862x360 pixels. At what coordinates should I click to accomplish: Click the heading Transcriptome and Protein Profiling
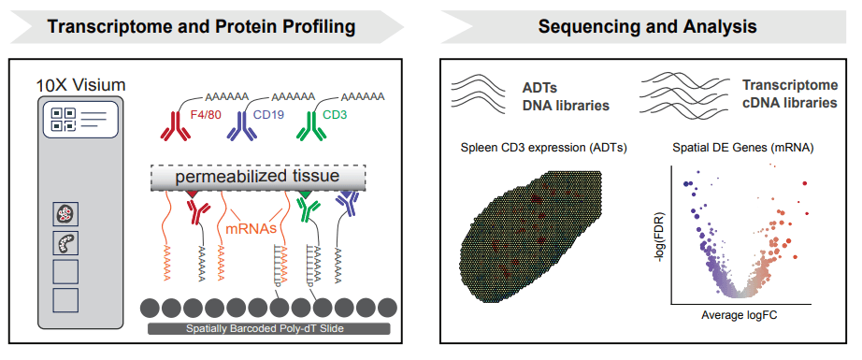(201, 26)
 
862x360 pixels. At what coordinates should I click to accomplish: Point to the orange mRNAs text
(251, 226)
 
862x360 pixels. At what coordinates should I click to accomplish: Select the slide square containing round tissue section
(65, 215)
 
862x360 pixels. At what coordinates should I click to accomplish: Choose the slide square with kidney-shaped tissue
(65, 243)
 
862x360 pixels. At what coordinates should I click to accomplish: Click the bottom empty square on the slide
(65, 300)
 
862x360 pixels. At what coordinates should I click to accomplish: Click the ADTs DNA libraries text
(565, 96)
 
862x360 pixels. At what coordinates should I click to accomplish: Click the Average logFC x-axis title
(739, 315)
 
